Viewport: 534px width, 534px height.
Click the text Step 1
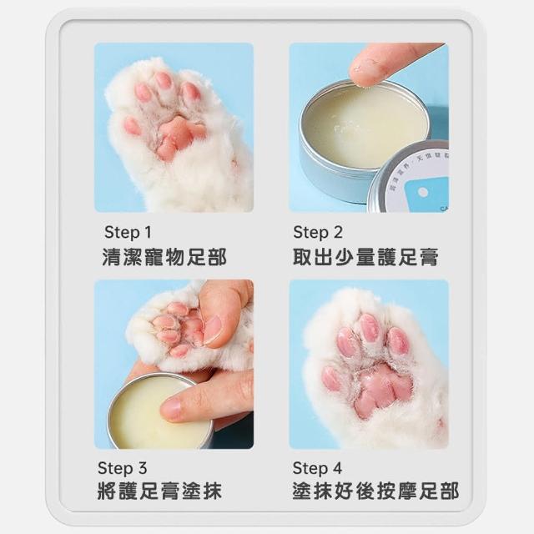[x=128, y=232]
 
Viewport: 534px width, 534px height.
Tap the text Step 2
[x=317, y=232]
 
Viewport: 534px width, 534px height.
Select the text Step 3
[x=123, y=468]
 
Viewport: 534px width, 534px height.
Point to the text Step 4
[x=317, y=468]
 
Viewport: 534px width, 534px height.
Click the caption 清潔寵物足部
[x=164, y=257]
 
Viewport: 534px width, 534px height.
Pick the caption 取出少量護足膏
[x=365, y=257]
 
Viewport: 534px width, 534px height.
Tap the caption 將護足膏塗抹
[x=159, y=491]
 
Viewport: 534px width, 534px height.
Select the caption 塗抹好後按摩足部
[x=375, y=491]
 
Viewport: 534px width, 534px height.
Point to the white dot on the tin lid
[x=423, y=193]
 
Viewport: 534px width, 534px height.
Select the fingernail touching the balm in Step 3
[x=172, y=407]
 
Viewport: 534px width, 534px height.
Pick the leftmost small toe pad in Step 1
[x=132, y=126]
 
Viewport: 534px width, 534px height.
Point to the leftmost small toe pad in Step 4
[x=331, y=378]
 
